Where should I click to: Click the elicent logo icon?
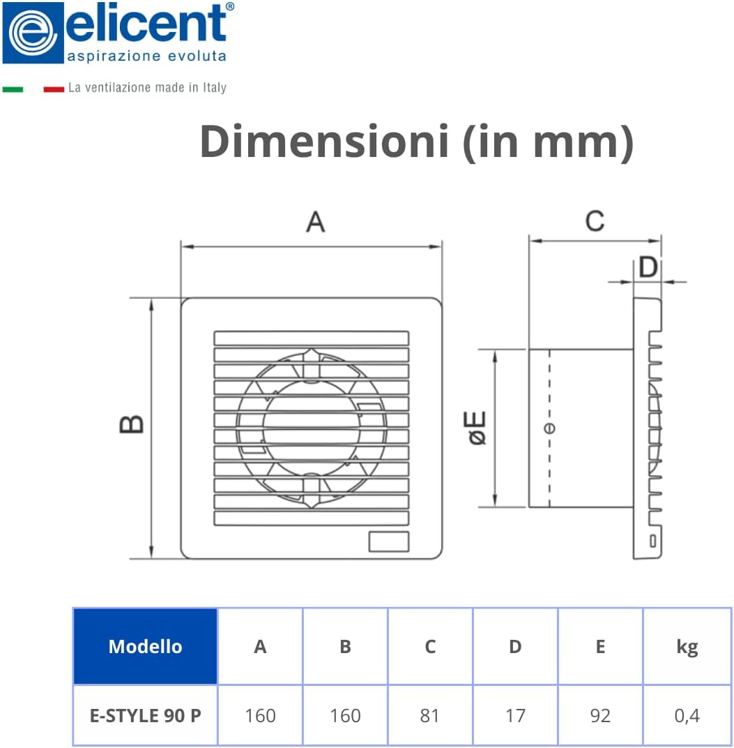(33, 33)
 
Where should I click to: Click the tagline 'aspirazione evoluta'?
(146, 55)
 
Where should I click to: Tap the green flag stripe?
(13, 89)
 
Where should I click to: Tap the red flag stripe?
(54, 89)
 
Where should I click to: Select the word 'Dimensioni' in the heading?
(324, 141)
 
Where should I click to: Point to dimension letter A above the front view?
(316, 222)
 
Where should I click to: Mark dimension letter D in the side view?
(648, 267)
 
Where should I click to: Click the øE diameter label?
(477, 428)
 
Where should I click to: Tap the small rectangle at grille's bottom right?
(388, 541)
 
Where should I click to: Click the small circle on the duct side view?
(550, 428)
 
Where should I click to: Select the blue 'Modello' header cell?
(145, 646)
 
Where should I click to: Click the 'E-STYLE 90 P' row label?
(145, 715)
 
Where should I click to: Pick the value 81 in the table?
(430, 715)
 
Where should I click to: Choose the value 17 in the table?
(515, 715)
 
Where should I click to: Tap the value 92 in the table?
(600, 715)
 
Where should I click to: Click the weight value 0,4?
(687, 715)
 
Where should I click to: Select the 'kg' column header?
(687, 647)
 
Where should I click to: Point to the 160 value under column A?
(260, 715)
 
